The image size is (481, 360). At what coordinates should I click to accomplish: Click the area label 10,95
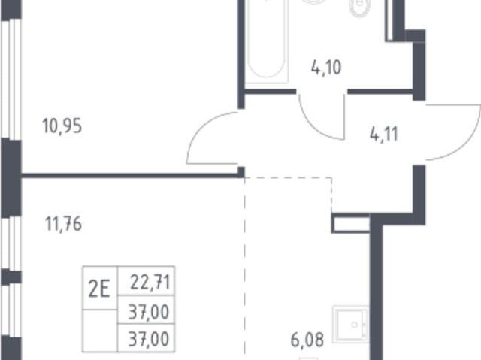click(62, 126)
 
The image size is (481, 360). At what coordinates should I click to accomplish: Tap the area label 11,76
click(63, 224)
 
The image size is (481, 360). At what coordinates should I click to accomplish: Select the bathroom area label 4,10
click(326, 68)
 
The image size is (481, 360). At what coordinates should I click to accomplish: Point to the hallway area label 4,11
click(384, 134)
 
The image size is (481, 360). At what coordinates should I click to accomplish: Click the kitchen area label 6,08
click(307, 340)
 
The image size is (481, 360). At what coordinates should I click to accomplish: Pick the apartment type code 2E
click(99, 289)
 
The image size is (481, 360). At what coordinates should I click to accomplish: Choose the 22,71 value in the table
click(150, 282)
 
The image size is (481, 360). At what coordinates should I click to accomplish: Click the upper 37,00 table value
click(149, 312)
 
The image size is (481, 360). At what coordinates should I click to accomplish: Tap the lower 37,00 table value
click(149, 339)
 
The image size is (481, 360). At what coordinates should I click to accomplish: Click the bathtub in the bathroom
click(266, 40)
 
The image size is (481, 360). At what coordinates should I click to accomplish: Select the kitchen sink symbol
click(351, 324)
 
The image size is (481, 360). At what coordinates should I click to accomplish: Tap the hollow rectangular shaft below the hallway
click(351, 223)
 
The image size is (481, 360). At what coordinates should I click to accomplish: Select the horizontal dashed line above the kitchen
click(288, 177)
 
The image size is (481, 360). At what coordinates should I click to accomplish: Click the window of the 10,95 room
click(11, 79)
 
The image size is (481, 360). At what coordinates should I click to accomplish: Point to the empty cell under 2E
click(100, 331)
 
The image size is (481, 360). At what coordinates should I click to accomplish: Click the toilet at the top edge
click(360, 7)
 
